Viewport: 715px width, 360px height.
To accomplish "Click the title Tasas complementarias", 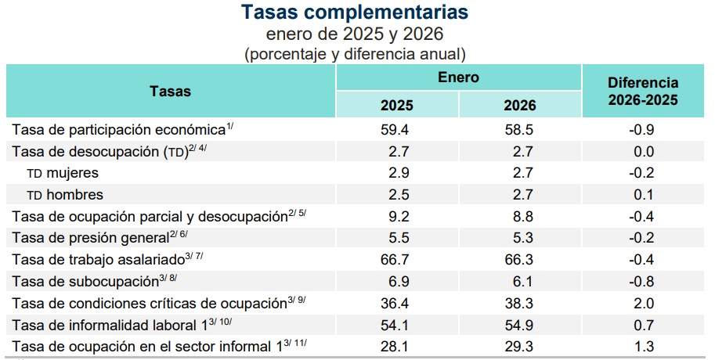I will [356, 13].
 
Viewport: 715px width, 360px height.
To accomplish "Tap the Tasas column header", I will [171, 91].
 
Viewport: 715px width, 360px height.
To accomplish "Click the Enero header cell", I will [458, 77].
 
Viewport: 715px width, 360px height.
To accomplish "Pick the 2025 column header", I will [397, 106].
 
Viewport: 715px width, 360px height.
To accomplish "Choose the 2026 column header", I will [520, 106].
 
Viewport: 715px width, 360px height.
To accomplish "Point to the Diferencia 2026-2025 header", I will [643, 91].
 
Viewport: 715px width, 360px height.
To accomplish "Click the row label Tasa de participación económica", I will [117, 129].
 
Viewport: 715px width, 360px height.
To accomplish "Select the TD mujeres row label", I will [63, 172].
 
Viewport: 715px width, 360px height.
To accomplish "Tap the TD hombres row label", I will [65, 194].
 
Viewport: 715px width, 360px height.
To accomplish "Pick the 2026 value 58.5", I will [520, 130].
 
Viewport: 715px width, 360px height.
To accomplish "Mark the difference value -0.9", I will [643, 130].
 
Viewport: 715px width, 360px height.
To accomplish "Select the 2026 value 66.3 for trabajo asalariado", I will [520, 259].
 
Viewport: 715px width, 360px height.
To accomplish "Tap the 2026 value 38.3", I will [520, 303].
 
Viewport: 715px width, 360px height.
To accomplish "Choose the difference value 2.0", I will [643, 303].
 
